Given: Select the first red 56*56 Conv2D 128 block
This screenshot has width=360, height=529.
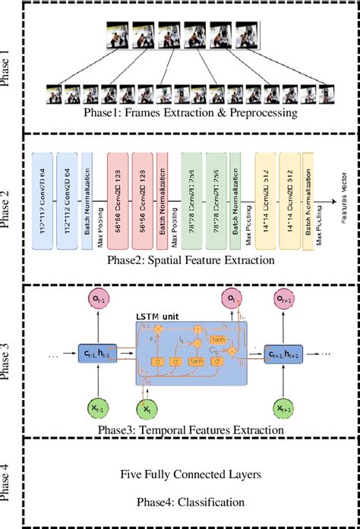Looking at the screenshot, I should click(x=118, y=201).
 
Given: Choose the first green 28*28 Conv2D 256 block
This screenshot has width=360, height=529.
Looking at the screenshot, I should click(x=191, y=201).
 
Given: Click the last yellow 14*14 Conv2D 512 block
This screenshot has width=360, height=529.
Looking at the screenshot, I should click(x=291, y=201).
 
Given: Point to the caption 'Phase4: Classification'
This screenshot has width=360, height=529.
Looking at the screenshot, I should click(x=179, y=501).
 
